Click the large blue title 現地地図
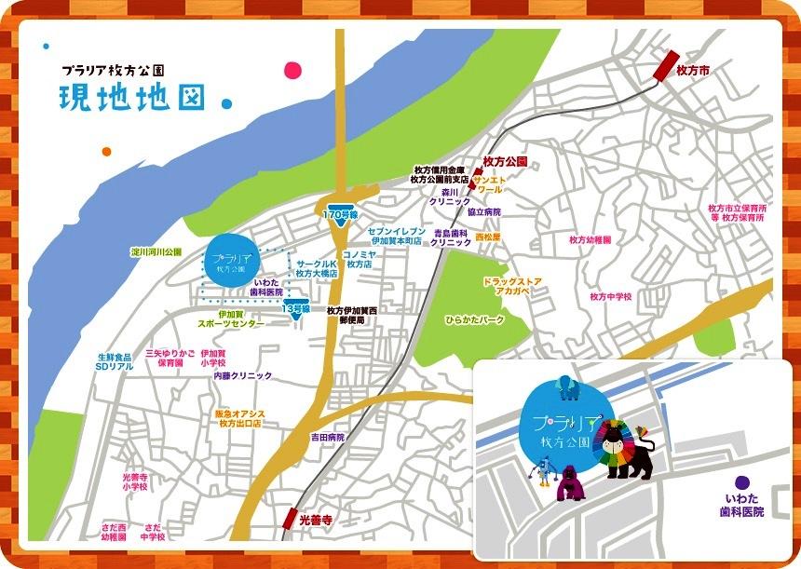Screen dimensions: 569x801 [131, 98]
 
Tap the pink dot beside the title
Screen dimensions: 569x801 [292, 70]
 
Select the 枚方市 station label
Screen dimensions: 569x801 [694, 71]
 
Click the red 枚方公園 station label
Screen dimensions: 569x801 [506, 161]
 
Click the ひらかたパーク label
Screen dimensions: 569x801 [475, 318]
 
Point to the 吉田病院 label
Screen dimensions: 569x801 [328, 437]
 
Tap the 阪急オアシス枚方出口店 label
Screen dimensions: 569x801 [240, 417]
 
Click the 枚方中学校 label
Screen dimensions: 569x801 [611, 296]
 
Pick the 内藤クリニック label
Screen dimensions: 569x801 [243, 375]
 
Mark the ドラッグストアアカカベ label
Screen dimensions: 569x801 [507, 286]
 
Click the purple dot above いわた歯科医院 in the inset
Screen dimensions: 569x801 [741, 482]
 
